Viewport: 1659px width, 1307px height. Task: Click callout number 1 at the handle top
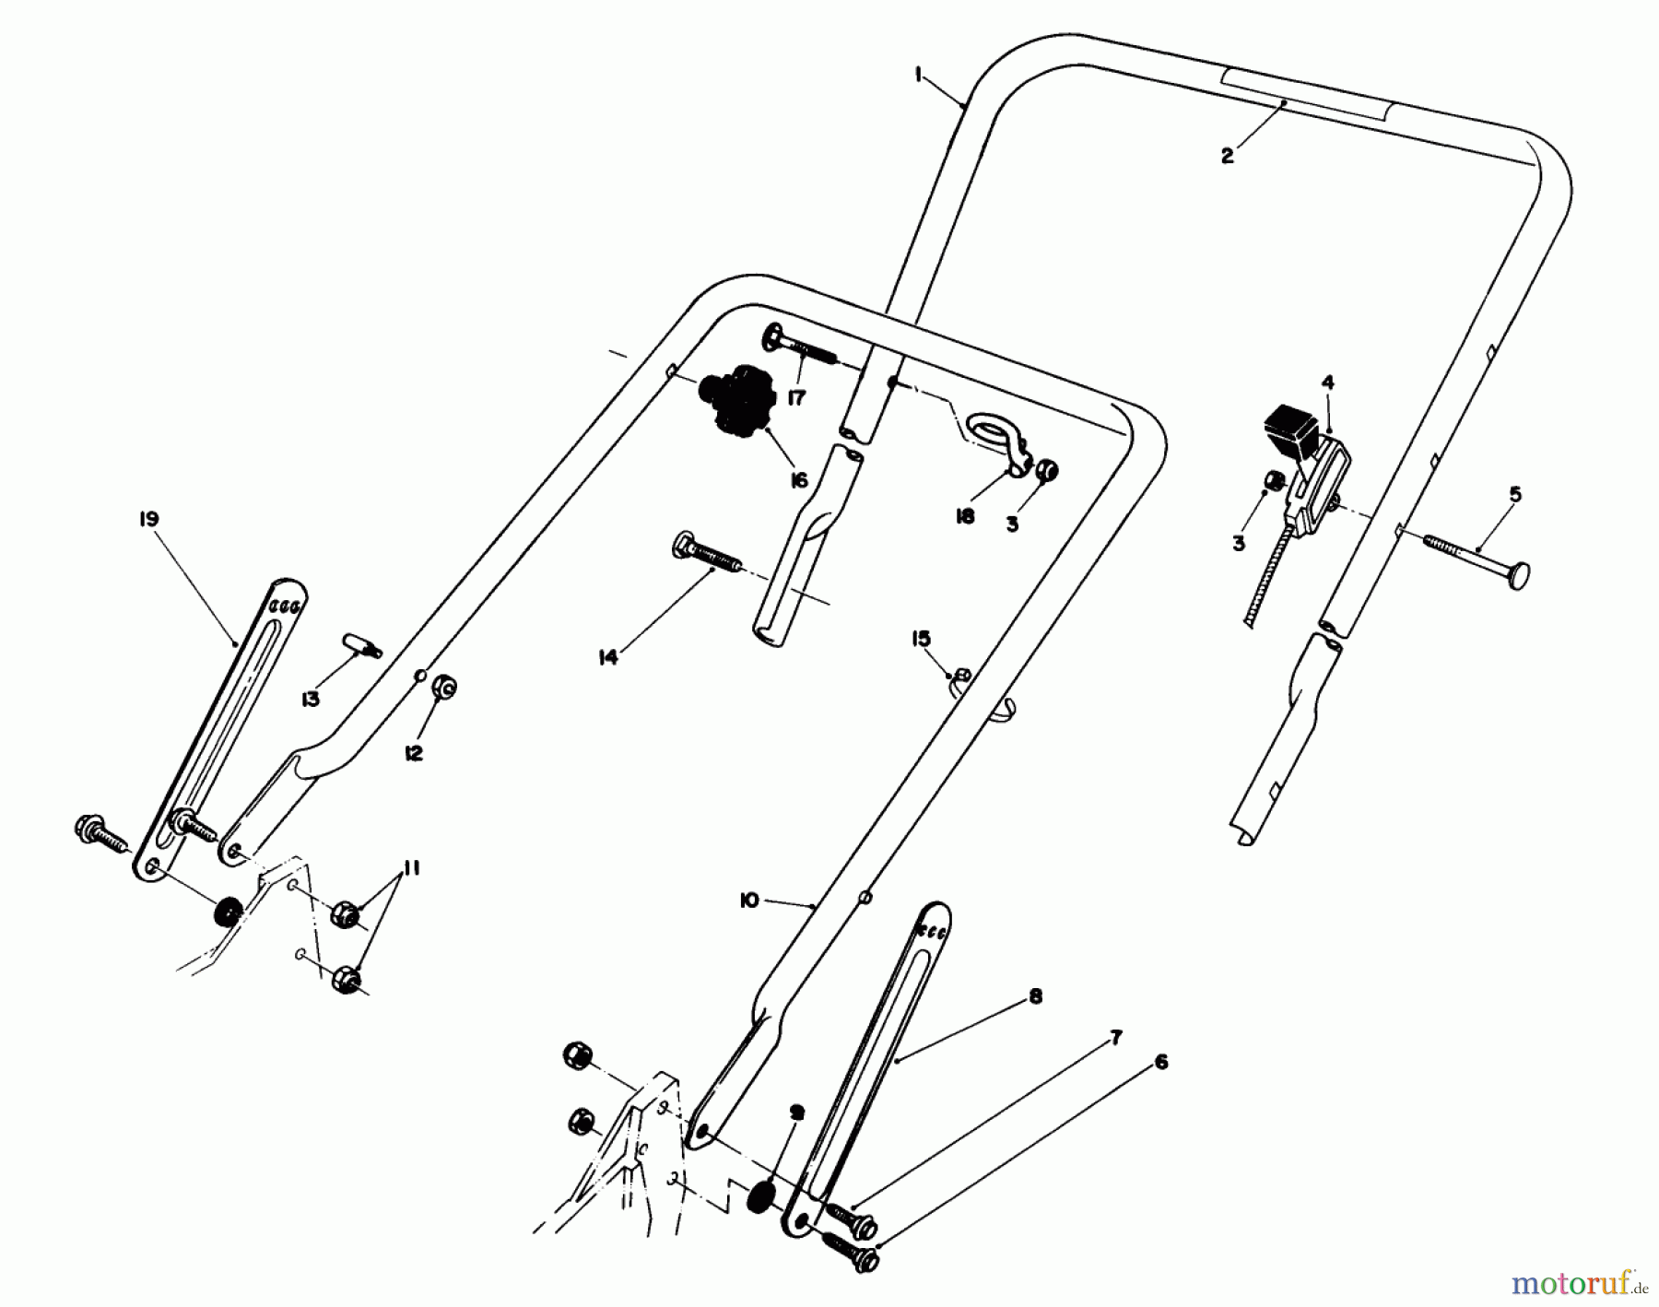click(919, 76)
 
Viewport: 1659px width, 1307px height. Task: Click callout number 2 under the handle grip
click(1227, 156)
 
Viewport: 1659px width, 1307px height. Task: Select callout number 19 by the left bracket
click(147, 519)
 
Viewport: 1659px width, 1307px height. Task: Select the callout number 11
click(411, 868)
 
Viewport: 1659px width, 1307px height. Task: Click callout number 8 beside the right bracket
click(1035, 996)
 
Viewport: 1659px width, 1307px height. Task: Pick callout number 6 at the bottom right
click(1160, 1062)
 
